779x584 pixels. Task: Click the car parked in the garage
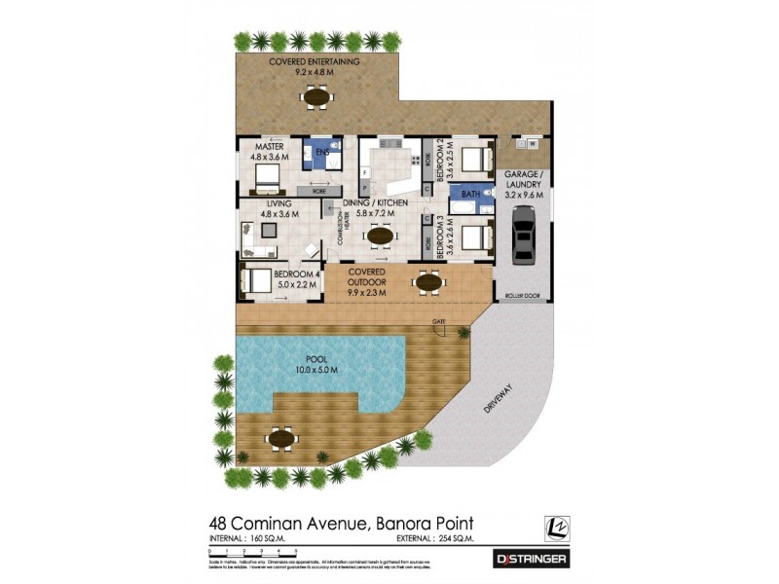(524, 239)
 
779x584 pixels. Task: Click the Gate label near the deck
(438, 321)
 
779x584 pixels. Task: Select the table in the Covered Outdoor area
(428, 282)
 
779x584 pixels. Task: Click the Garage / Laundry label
(524, 184)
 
